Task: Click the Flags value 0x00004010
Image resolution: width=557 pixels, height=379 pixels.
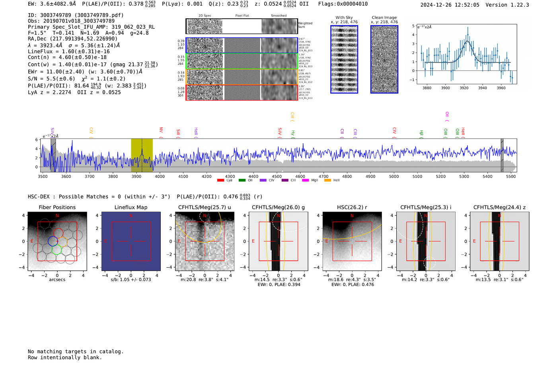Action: tap(352, 4)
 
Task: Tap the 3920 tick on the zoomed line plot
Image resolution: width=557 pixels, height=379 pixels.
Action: tap(464, 88)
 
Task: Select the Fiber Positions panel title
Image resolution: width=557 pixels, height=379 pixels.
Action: tap(57, 207)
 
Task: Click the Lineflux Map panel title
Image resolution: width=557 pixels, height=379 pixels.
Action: tap(131, 207)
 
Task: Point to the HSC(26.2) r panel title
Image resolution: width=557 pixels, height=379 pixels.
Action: tap(352, 207)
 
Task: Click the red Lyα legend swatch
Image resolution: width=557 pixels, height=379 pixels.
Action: tap(220, 181)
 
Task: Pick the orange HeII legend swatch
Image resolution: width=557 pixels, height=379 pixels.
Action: tap(327, 181)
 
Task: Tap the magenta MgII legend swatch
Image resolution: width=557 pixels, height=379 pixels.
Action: tap(305, 181)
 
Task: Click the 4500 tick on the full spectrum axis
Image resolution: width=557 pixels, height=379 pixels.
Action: tap(277, 176)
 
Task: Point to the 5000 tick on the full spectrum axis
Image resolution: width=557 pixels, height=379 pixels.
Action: tap(394, 176)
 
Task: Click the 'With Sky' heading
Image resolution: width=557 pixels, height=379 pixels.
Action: tap(344, 17)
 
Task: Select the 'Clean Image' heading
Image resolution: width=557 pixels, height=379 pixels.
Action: tap(384, 17)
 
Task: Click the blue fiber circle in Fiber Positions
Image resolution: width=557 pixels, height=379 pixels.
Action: tap(53, 241)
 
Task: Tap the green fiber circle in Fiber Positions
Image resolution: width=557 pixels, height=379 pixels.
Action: tap(56, 250)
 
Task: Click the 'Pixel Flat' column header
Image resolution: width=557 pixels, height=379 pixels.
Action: tap(242, 16)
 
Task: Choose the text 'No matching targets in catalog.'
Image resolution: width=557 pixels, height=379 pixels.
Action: tap(76, 352)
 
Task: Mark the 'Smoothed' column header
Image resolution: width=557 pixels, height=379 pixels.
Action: tap(278, 16)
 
